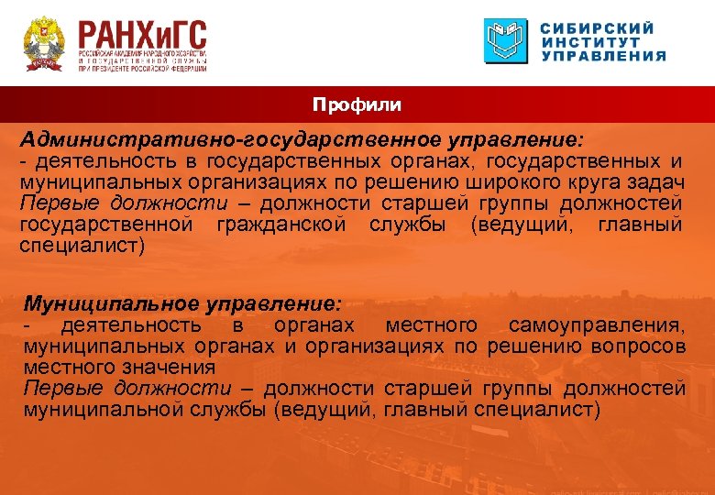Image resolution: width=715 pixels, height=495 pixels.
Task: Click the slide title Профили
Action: [x=357, y=105]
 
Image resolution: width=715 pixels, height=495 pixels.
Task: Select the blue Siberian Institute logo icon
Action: [x=506, y=41]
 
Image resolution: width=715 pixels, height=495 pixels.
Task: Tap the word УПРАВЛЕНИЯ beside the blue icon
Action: [x=603, y=55]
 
